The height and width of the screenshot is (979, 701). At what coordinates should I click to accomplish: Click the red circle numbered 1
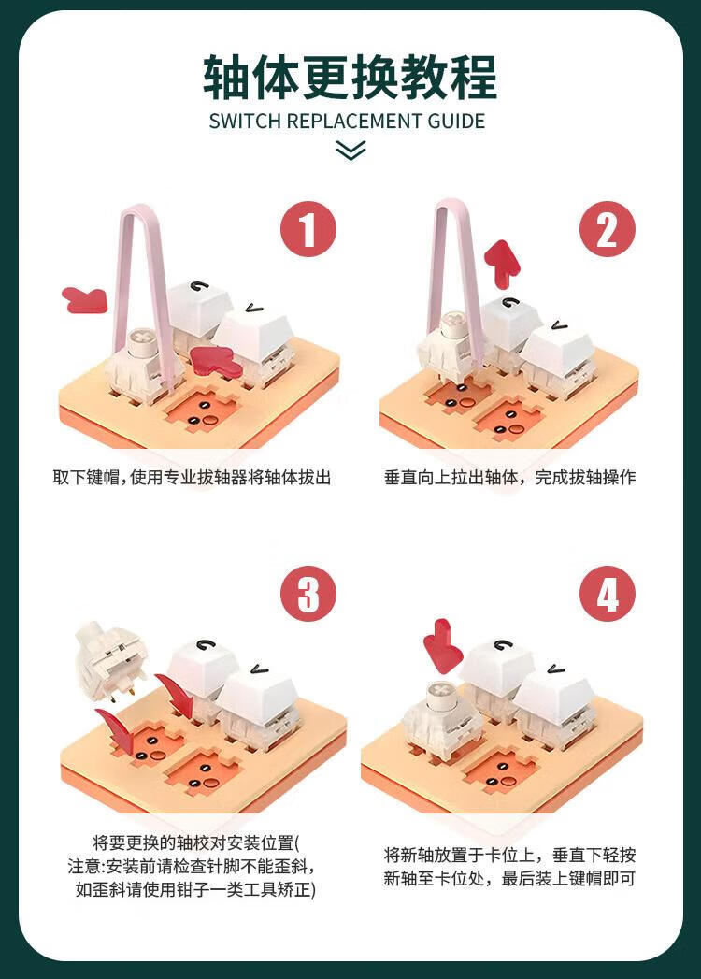pyautogui.click(x=308, y=229)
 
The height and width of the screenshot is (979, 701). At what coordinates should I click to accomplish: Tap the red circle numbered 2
pyautogui.click(x=608, y=229)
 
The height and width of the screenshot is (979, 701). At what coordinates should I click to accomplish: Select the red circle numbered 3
pyautogui.click(x=308, y=594)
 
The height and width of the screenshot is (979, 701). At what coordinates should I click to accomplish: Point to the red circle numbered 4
pyautogui.click(x=608, y=594)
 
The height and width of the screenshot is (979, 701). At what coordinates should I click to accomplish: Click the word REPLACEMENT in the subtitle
pyautogui.click(x=354, y=122)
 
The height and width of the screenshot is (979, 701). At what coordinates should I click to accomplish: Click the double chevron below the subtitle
pyautogui.click(x=350, y=151)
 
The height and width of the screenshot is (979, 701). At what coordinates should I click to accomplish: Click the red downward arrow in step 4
pyautogui.click(x=443, y=646)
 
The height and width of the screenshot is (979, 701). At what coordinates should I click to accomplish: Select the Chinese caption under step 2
pyautogui.click(x=510, y=478)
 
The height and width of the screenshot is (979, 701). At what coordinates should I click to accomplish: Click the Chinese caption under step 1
pyautogui.click(x=192, y=478)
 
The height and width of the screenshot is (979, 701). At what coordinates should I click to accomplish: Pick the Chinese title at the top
pyautogui.click(x=350, y=78)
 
